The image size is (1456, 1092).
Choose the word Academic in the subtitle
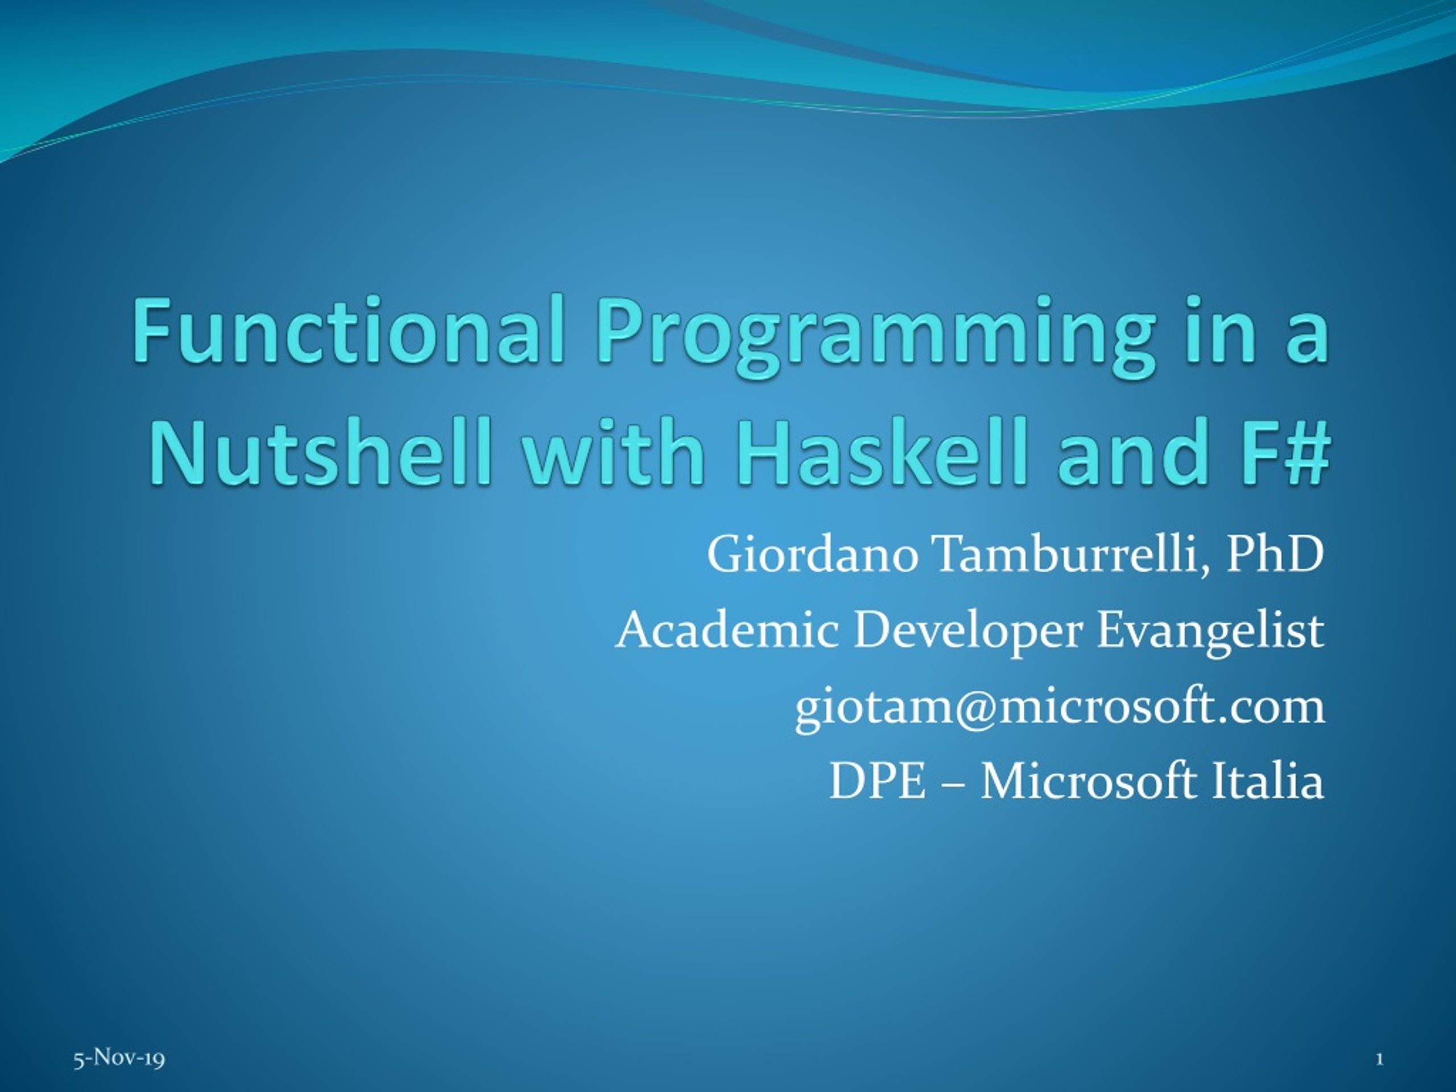tap(727, 630)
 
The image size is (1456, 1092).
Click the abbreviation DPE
tap(878, 782)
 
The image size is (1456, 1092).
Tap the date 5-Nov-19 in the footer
tap(119, 1058)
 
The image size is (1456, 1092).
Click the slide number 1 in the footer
tap(1379, 1059)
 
